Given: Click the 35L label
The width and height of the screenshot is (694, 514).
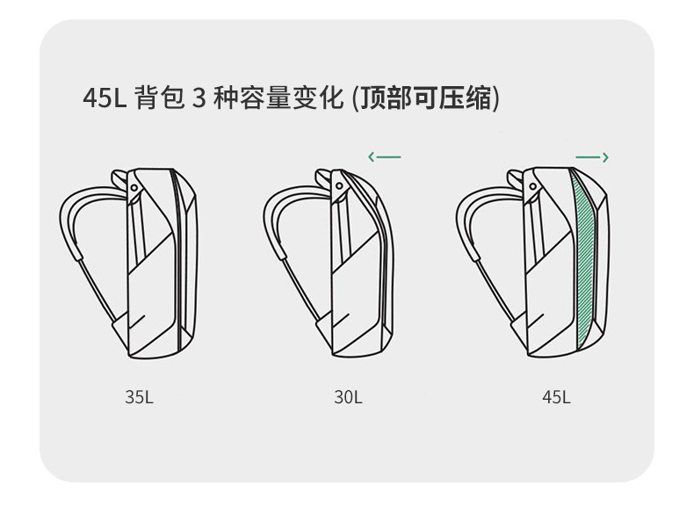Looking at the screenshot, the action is (x=139, y=397).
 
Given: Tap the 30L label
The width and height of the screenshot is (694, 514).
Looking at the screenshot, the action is (x=348, y=397).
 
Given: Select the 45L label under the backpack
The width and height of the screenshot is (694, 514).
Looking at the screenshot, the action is (x=556, y=397).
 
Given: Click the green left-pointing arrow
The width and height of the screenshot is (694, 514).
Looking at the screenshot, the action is (x=384, y=157).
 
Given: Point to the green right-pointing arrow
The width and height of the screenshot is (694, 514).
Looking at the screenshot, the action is (x=592, y=157).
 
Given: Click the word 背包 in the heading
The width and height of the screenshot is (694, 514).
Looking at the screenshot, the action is (x=160, y=98).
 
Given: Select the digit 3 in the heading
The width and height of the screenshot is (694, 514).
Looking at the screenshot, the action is (x=198, y=98).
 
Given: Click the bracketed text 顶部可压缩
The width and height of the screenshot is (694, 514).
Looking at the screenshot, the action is (x=425, y=98).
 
